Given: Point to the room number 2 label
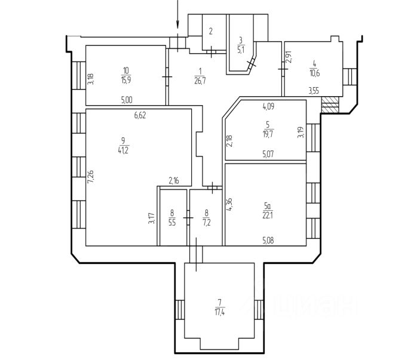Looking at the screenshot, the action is pyautogui.click(x=210, y=32).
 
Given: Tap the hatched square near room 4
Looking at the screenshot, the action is pyautogui.click(x=330, y=106).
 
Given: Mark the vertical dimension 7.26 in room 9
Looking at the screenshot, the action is pyautogui.click(x=90, y=176).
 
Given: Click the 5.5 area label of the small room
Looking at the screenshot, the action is pyautogui.click(x=172, y=223).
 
